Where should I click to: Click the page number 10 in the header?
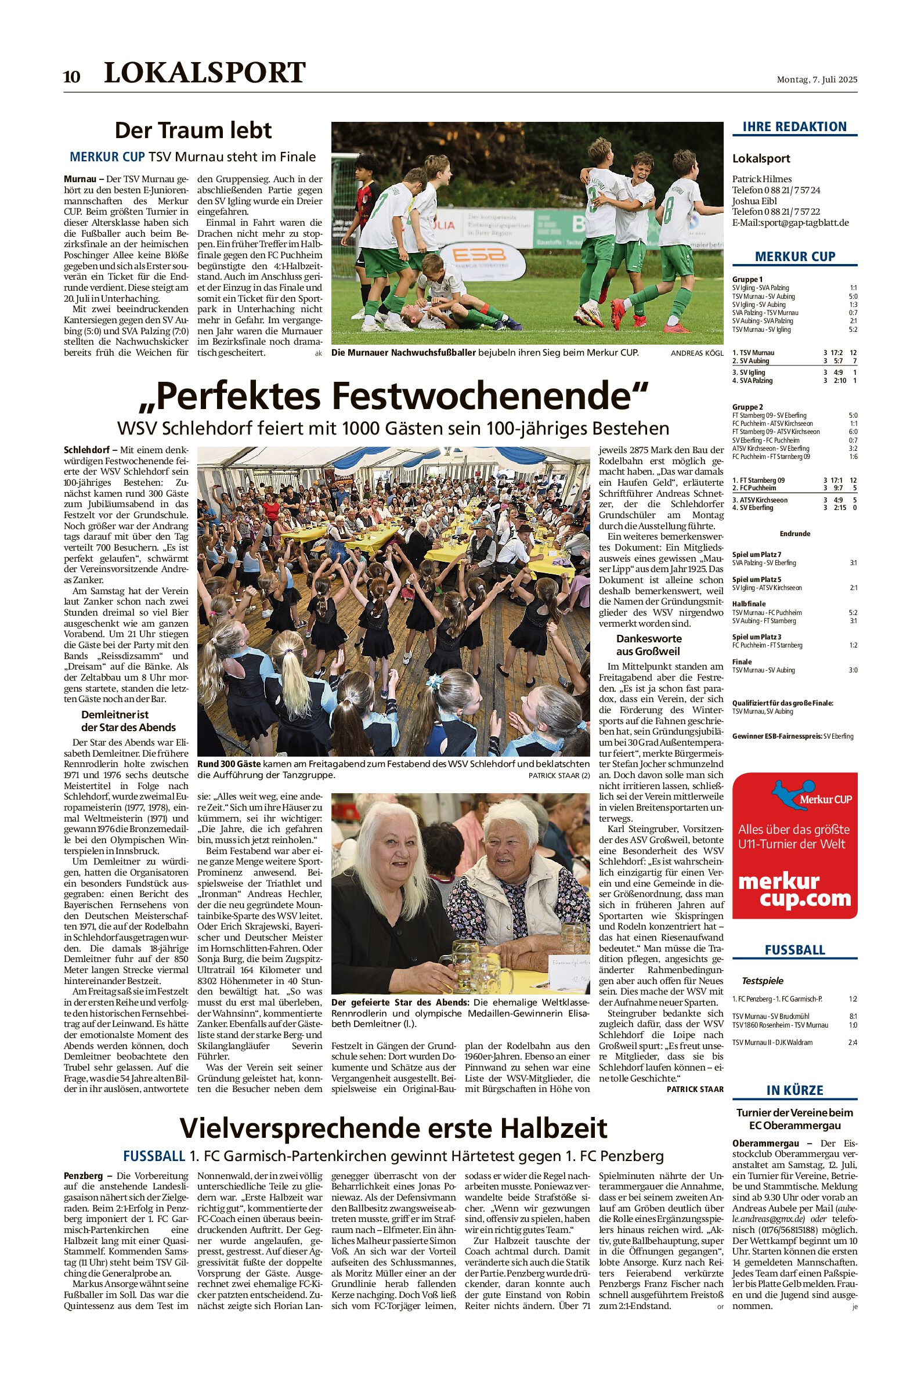coord(71,77)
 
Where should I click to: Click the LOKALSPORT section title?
coord(204,73)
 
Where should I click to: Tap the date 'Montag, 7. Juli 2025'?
coord(817,79)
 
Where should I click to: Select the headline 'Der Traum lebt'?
coord(193,130)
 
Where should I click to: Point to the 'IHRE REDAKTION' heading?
coord(794,127)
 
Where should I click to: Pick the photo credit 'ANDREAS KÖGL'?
coord(697,353)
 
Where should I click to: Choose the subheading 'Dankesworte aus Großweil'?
coord(648,645)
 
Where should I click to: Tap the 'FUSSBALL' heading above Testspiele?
coord(794,950)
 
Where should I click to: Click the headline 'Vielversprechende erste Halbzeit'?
coord(393,1128)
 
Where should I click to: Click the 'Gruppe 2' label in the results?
coord(747,407)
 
